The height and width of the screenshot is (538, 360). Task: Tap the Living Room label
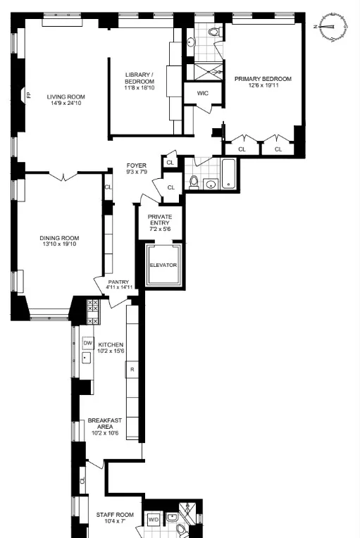66,97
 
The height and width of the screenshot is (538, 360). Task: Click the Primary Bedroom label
263,79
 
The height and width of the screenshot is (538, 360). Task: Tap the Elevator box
163,265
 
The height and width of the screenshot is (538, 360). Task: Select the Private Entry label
160,218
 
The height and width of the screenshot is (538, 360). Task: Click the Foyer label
137,165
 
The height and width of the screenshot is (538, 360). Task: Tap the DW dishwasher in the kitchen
88,343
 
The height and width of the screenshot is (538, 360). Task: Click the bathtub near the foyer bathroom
229,173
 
